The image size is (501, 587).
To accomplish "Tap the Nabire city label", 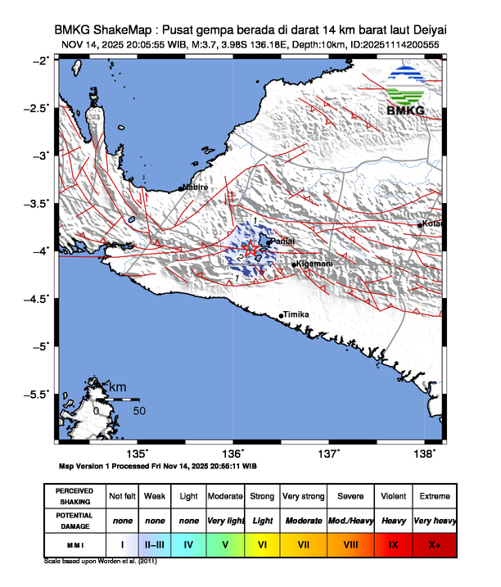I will pos(196,187).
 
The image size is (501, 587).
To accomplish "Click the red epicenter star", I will pos(251,249).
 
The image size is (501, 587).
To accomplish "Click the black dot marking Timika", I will pos(282,316).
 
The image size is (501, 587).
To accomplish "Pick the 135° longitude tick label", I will pos(138,454).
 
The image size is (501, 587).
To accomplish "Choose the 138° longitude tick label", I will pos(425,454).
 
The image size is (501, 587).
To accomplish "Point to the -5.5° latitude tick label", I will pos(38,395).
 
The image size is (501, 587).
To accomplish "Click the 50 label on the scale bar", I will pos(139,410).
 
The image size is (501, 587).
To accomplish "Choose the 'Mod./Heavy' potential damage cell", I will pos(350,520).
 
